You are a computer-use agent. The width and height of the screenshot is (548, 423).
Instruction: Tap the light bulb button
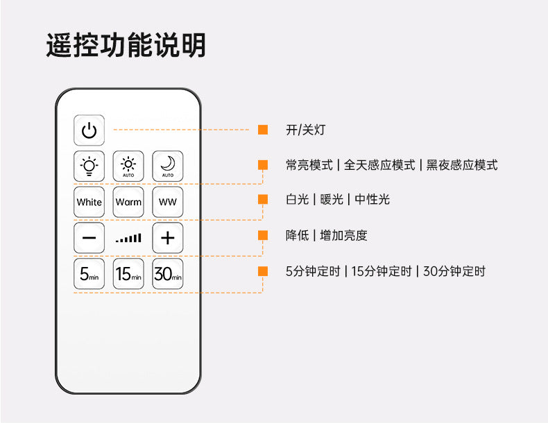(89, 166)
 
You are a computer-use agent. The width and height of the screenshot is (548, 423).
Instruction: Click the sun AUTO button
(128, 166)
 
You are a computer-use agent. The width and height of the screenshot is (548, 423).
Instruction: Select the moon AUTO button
(168, 166)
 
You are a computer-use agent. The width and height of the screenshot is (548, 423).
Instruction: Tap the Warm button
(128, 202)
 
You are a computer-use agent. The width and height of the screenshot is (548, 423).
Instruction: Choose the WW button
(168, 202)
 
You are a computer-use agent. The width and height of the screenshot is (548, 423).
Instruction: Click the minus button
(89, 238)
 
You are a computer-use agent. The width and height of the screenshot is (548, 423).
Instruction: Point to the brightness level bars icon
(128, 239)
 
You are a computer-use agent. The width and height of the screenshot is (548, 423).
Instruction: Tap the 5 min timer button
(89, 274)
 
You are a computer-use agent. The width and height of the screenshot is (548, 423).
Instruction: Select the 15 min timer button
(128, 274)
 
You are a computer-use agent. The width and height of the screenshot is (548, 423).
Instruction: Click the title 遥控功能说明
(126, 45)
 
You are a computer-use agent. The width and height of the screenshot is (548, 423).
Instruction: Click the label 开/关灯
(305, 130)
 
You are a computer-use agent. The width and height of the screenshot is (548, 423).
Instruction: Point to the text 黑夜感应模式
(462, 165)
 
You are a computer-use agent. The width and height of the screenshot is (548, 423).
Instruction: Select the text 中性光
(373, 200)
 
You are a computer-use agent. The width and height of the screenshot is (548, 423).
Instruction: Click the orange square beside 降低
(263, 235)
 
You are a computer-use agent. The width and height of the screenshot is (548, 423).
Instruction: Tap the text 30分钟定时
(454, 271)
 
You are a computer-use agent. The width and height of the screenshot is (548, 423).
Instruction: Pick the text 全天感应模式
(379, 165)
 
